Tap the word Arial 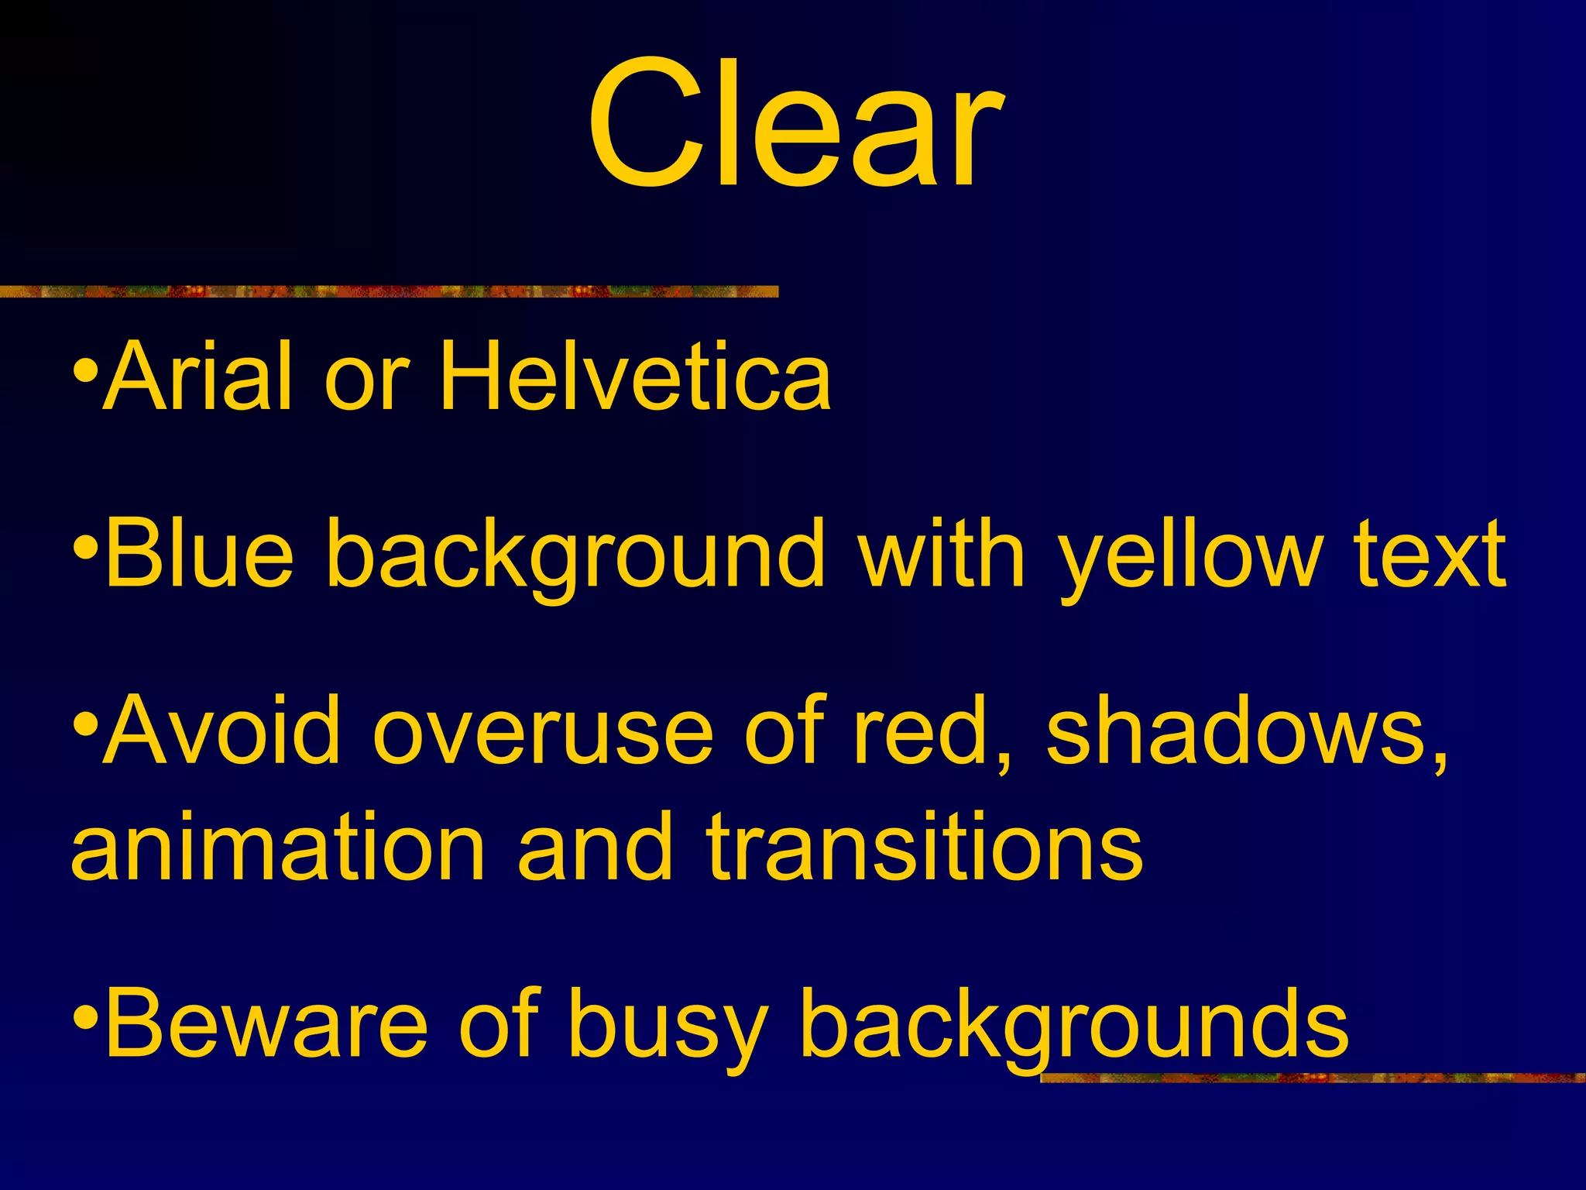[x=197, y=377]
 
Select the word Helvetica [x=635, y=377]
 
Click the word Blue [x=199, y=553]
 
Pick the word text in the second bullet [x=1429, y=553]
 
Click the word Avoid [x=221, y=730]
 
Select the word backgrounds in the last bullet [x=1073, y=1024]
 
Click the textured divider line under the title [x=387, y=292]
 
